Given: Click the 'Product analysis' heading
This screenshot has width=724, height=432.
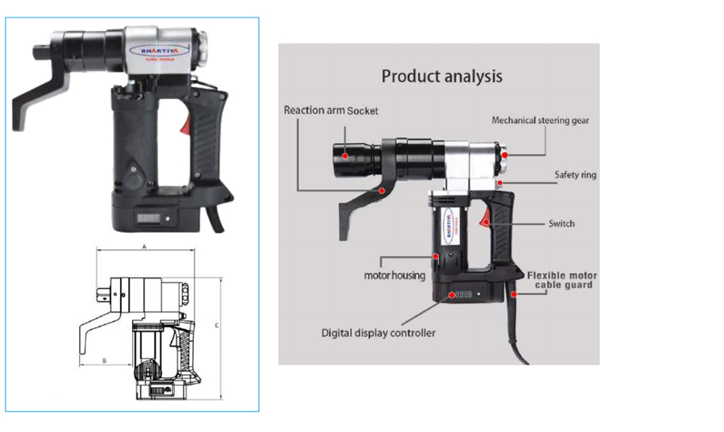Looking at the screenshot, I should pyautogui.click(x=442, y=77).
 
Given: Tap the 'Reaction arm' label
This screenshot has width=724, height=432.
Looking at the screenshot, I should pyautogui.click(x=314, y=110).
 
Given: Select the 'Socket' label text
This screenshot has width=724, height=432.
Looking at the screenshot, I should pyautogui.click(x=364, y=111).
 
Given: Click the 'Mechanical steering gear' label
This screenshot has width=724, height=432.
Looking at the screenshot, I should pyautogui.click(x=540, y=121).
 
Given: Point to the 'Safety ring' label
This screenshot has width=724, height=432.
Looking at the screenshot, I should pyautogui.click(x=575, y=174).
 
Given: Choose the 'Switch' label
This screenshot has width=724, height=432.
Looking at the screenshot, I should pyautogui.click(x=561, y=224).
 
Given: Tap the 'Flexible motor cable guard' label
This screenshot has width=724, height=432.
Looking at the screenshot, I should pyautogui.click(x=562, y=280).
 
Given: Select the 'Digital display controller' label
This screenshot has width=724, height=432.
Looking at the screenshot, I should pyautogui.click(x=378, y=333).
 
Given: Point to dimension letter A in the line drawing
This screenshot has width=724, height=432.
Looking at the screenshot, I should pyautogui.click(x=144, y=247).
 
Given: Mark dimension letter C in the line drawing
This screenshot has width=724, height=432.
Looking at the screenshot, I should pyautogui.click(x=217, y=325).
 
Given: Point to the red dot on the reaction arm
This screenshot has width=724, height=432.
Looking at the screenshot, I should pyautogui.click(x=382, y=190).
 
